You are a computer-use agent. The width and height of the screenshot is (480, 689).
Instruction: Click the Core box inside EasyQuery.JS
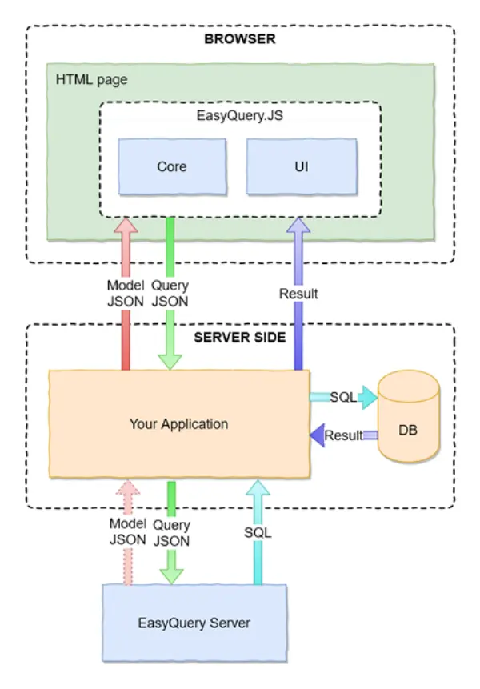171,166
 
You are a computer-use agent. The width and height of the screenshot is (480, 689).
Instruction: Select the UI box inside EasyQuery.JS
301,166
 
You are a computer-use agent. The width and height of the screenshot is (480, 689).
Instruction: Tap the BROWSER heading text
240,38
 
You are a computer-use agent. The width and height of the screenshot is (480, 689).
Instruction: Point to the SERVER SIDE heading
240,337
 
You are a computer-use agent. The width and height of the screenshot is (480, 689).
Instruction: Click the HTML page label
91,80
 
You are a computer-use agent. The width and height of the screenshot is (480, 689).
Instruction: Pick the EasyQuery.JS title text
240,115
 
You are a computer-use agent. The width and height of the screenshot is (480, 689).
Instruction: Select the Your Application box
178,423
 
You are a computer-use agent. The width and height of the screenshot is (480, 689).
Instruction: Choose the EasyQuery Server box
194,623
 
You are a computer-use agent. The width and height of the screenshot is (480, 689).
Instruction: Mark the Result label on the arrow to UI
298,294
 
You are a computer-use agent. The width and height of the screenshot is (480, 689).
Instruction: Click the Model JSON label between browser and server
126,293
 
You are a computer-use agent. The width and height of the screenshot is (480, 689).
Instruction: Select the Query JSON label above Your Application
170,293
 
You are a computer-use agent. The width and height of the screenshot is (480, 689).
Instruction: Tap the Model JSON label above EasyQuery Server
126,532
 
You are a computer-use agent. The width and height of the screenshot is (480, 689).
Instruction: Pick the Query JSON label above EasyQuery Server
171,533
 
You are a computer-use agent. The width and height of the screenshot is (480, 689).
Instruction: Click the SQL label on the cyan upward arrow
258,532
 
